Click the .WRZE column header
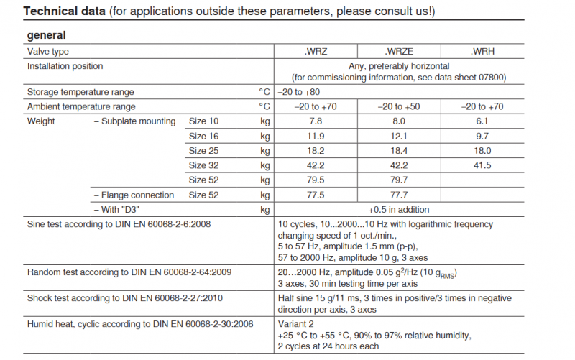click(x=399, y=52)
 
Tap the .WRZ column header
click(x=316, y=52)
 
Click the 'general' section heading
click(x=47, y=35)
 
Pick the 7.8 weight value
click(x=316, y=121)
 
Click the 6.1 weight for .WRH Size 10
click(x=482, y=121)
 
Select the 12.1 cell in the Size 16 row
click(x=399, y=136)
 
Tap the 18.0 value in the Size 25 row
click(x=482, y=151)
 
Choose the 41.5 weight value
click(x=482, y=165)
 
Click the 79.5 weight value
click(x=316, y=180)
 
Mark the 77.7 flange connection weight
click(x=399, y=195)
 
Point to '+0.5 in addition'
click(x=399, y=210)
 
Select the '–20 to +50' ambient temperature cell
click(x=399, y=106)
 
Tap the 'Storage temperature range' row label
click(x=80, y=92)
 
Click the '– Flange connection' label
click(x=134, y=195)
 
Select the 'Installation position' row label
click(x=65, y=66)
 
